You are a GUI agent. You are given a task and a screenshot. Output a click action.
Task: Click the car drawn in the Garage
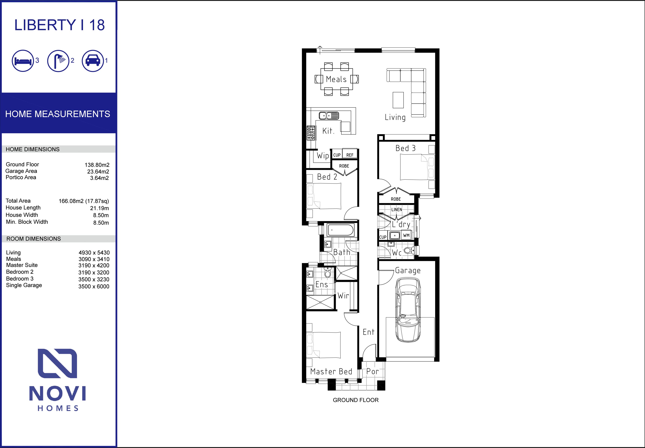[408, 310]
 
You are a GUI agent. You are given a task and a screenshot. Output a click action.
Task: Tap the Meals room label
[336, 79]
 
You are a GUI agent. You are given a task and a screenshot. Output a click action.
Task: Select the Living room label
[395, 117]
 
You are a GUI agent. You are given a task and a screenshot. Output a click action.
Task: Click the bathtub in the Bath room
[340, 230]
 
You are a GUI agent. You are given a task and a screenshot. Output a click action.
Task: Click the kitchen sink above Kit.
[329, 115]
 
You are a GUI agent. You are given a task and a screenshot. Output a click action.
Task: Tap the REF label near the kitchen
[350, 155]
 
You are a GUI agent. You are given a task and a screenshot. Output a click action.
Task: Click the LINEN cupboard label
[397, 209]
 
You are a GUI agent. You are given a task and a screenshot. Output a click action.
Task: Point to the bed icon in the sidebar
[23, 61]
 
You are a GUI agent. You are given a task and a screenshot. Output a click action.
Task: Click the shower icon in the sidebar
[58, 61]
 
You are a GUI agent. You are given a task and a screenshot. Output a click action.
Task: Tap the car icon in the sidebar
[93, 61]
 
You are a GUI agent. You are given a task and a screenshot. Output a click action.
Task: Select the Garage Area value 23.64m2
[98, 172]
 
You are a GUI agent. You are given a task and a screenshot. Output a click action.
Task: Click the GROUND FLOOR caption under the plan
[355, 400]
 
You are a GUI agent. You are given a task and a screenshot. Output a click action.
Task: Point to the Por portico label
[372, 371]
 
